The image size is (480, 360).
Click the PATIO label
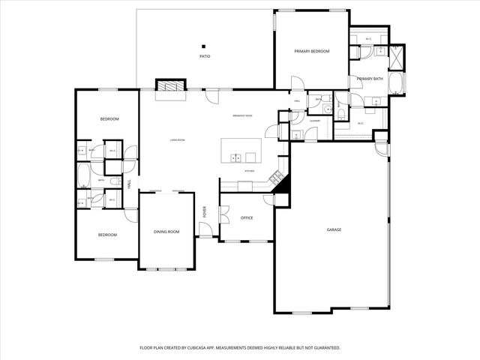[204, 56]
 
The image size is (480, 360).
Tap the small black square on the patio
[203, 46]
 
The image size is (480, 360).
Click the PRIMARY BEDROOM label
[311, 51]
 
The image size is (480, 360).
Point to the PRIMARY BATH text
[370, 79]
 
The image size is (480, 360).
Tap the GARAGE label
[334, 229]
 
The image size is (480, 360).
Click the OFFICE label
[247, 218]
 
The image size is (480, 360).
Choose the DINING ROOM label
[166, 232]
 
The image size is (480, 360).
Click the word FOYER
[204, 212]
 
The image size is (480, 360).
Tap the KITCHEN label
[249, 171]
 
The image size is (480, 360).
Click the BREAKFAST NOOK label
[242, 115]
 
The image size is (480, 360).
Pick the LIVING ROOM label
[177, 140]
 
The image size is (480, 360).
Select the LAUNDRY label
[315, 120]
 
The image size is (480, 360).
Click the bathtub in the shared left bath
[83, 177]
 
